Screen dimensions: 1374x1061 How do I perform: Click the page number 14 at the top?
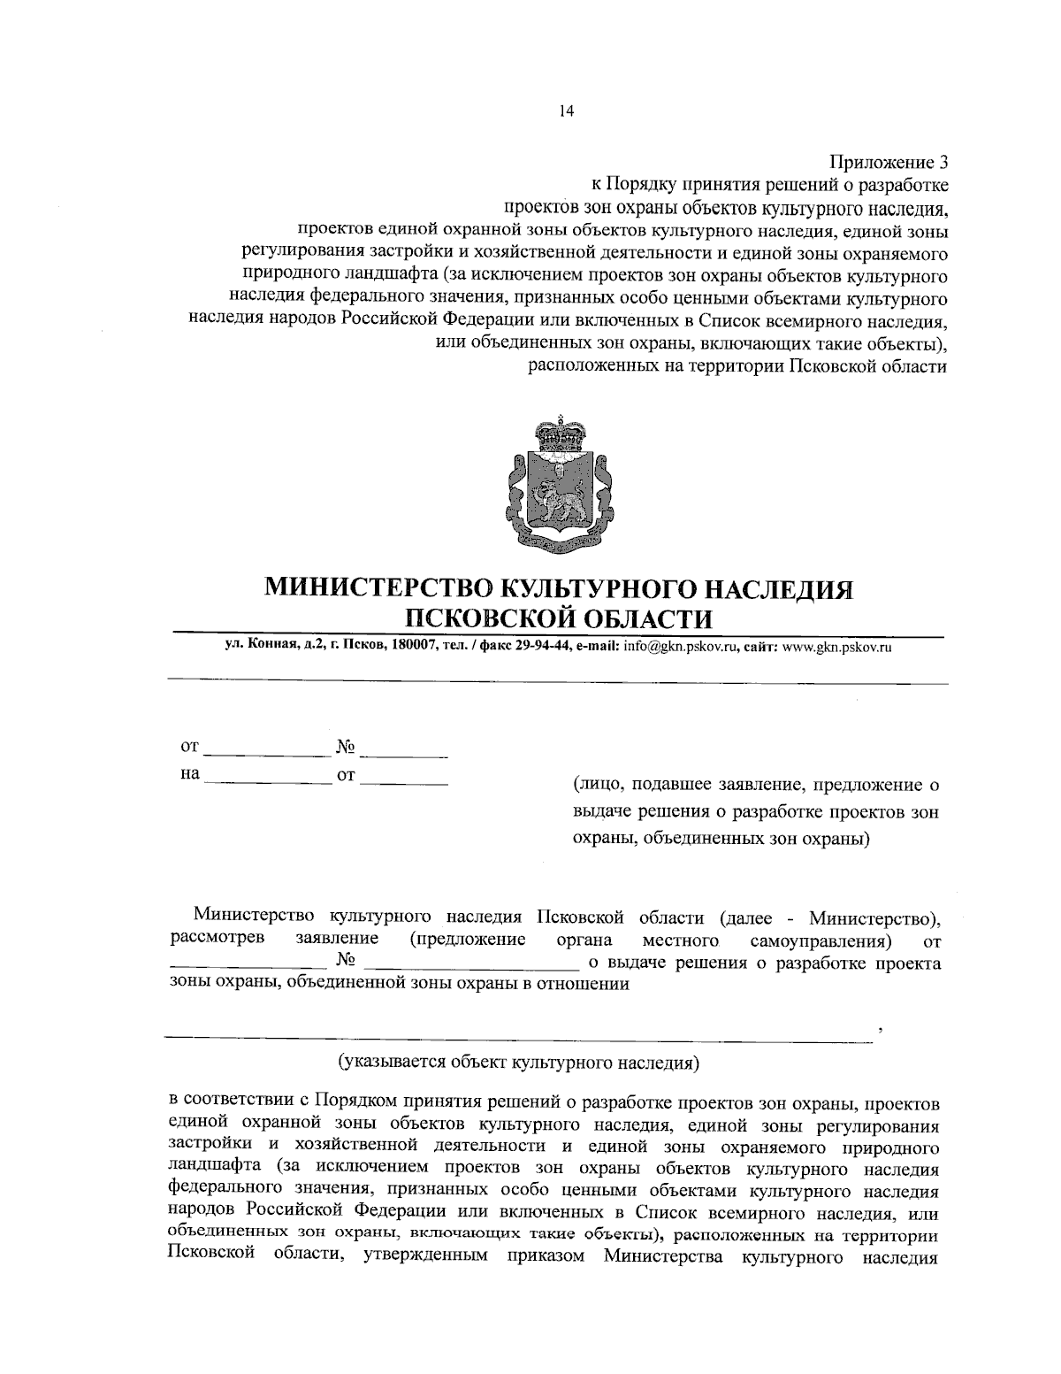click(x=566, y=111)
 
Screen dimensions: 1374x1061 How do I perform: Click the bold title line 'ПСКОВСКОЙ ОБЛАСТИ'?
click(x=558, y=616)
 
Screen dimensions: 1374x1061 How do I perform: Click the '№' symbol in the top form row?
click(x=345, y=748)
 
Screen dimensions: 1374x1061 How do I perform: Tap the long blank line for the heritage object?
click(x=520, y=1032)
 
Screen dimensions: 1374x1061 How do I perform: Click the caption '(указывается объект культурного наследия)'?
click(x=520, y=1060)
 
